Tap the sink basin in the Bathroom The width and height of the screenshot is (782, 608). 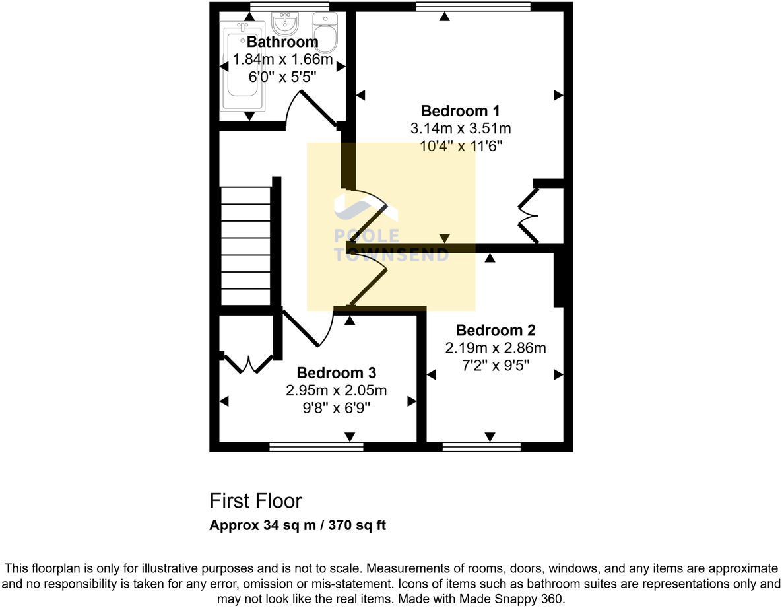click(x=284, y=25)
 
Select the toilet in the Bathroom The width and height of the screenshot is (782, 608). click(x=325, y=30)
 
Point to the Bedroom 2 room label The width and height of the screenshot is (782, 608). click(x=495, y=330)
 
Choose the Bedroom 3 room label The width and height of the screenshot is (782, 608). click(x=336, y=374)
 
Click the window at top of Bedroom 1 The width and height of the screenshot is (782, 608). click(x=473, y=7)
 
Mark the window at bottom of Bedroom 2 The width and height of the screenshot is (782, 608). click(x=481, y=447)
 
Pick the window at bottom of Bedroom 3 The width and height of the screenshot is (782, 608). click(x=316, y=447)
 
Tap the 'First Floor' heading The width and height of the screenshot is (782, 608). click(x=255, y=501)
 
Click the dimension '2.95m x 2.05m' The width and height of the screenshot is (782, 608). click(x=336, y=391)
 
